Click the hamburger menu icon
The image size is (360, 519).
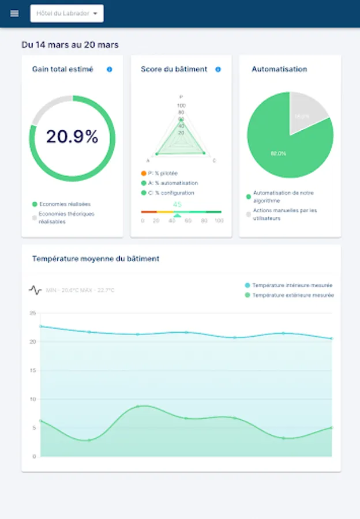pyautogui.click(x=14, y=13)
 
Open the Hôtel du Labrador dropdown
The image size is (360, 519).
pyautogui.click(x=67, y=13)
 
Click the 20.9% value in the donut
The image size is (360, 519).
pyautogui.click(x=72, y=137)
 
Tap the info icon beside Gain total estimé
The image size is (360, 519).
pyautogui.click(x=110, y=69)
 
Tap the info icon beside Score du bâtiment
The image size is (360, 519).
pyautogui.click(x=218, y=69)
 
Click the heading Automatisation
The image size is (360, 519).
pyautogui.click(x=279, y=69)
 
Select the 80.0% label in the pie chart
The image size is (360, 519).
pyautogui.click(x=278, y=153)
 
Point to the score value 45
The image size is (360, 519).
pyautogui.click(x=177, y=205)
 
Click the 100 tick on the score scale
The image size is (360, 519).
pyautogui.click(x=219, y=221)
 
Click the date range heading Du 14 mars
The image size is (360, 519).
pyautogui.click(x=70, y=44)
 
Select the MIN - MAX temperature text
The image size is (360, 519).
pyautogui.click(x=80, y=290)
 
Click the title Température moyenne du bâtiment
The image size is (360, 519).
pyautogui.click(x=96, y=259)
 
